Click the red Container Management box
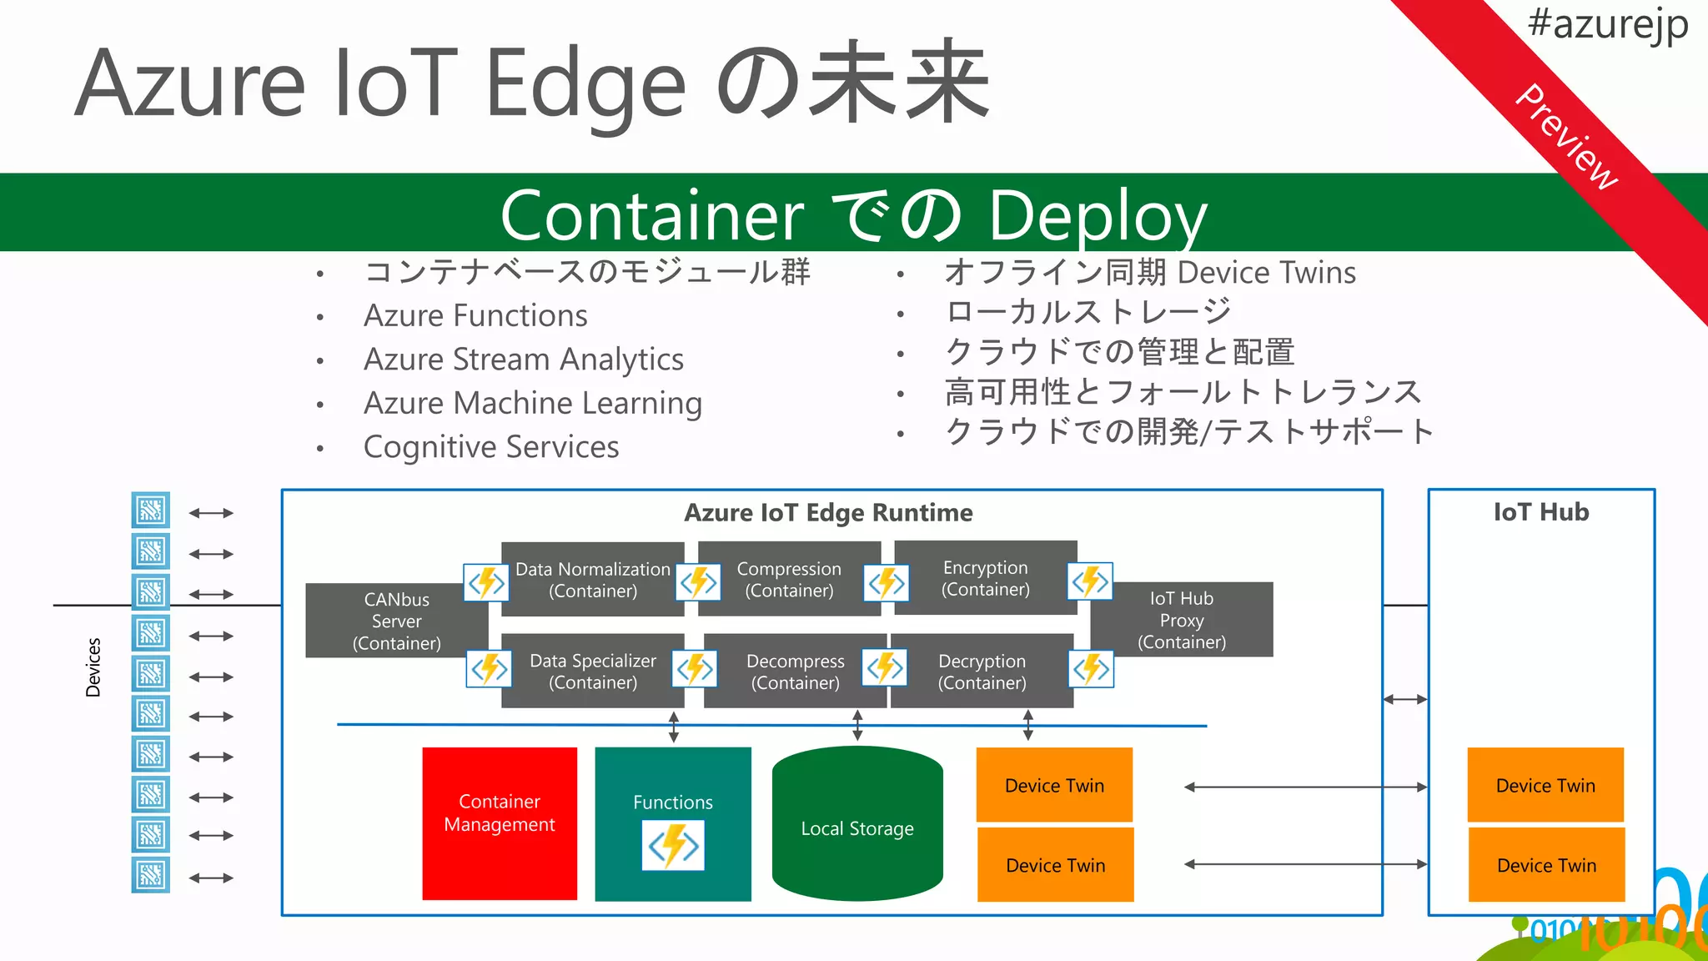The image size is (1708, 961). (x=499, y=823)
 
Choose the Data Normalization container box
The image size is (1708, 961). (x=593, y=580)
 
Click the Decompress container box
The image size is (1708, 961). (x=795, y=672)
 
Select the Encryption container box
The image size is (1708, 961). (x=985, y=578)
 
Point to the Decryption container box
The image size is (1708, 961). (x=982, y=672)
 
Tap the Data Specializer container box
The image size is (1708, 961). (x=593, y=672)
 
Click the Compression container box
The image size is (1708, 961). (x=789, y=579)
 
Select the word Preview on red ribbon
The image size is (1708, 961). (x=1566, y=137)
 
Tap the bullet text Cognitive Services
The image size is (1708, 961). (x=491, y=447)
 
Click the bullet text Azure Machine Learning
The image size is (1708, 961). (x=533, y=403)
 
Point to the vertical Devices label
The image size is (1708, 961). (x=93, y=667)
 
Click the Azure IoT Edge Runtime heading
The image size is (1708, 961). (x=828, y=512)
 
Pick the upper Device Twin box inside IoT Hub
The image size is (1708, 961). (x=1545, y=785)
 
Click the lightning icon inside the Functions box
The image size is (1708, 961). (x=673, y=846)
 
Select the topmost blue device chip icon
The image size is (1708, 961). (x=151, y=510)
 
